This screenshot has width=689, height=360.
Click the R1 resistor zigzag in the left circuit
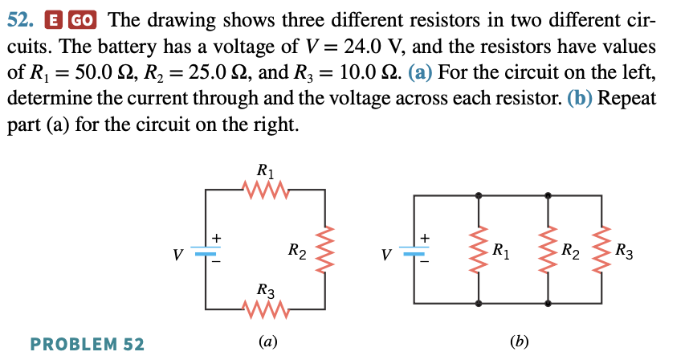pyautogui.click(x=265, y=190)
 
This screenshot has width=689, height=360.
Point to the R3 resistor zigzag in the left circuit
pyautogui.click(x=264, y=309)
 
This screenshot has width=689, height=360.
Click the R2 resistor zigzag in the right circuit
pyautogui.click(x=548, y=249)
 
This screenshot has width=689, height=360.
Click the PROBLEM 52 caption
pyautogui.click(x=87, y=345)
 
